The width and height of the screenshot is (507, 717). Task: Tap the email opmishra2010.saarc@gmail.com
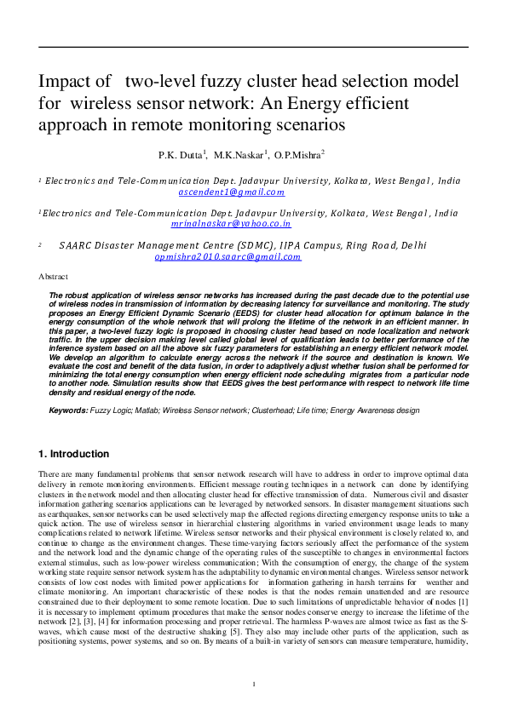point(228,255)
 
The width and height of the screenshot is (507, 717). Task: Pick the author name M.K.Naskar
point(241,156)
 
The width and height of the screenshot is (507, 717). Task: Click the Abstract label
point(54,277)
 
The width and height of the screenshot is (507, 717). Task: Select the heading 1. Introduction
point(74,454)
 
